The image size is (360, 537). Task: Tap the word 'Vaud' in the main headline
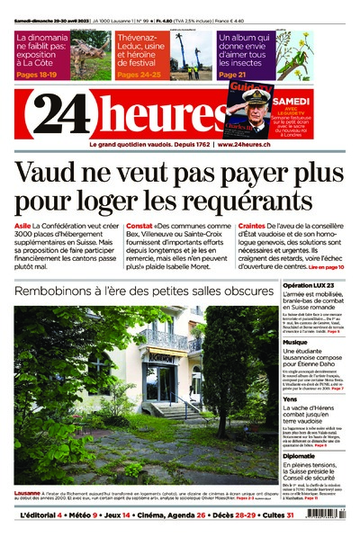[x=48, y=172]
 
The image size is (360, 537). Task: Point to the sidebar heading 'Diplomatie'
[x=301, y=455]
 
